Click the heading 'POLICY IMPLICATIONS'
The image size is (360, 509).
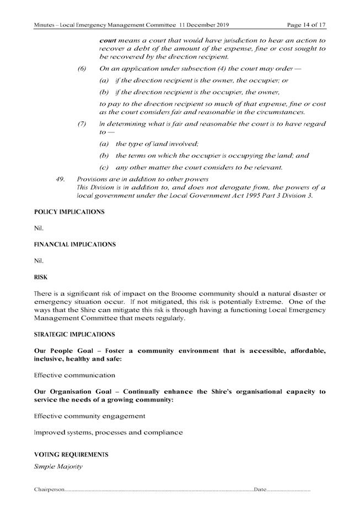[69, 212]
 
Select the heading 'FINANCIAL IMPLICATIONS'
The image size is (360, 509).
[74, 244]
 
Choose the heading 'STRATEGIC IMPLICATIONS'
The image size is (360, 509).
[74, 334]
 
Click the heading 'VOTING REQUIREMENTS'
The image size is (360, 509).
[71, 455]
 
